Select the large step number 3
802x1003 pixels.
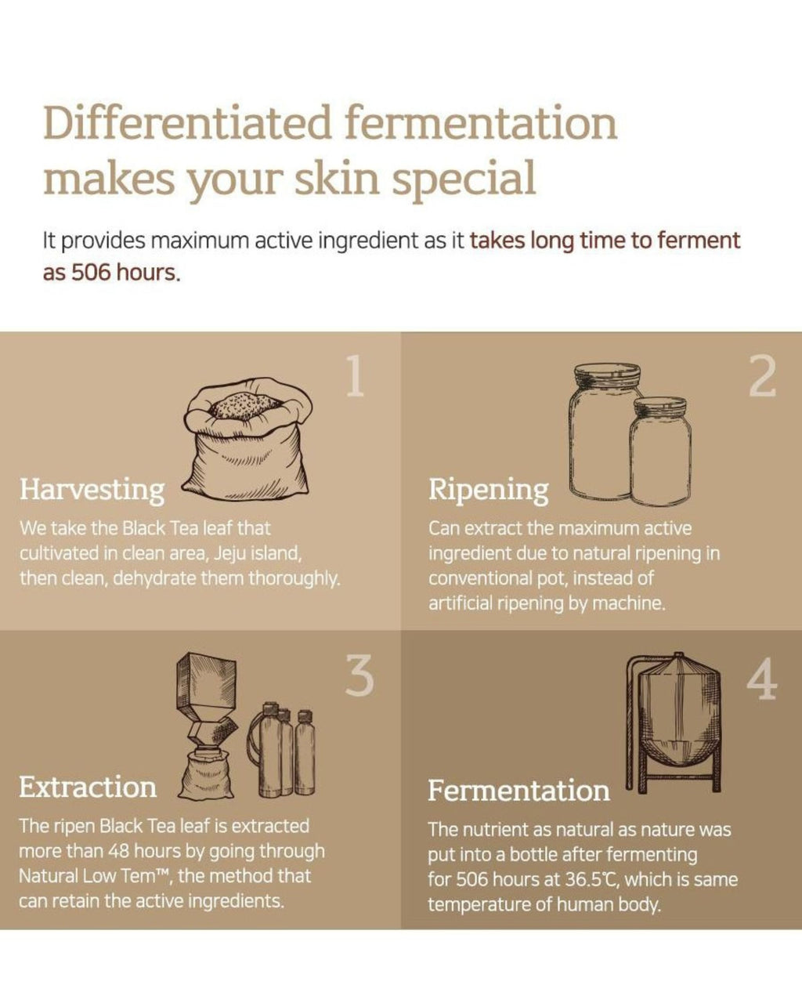[x=359, y=675]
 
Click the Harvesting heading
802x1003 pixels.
[x=92, y=491]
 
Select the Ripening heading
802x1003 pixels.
[x=489, y=491]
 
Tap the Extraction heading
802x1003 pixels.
[x=88, y=788]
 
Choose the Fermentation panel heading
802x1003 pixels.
[x=518, y=791]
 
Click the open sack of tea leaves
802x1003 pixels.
[x=247, y=440]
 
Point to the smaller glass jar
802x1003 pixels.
[x=660, y=451]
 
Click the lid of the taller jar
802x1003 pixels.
[x=607, y=375]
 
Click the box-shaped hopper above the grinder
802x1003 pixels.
[x=206, y=682]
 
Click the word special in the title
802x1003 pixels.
[x=463, y=179]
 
